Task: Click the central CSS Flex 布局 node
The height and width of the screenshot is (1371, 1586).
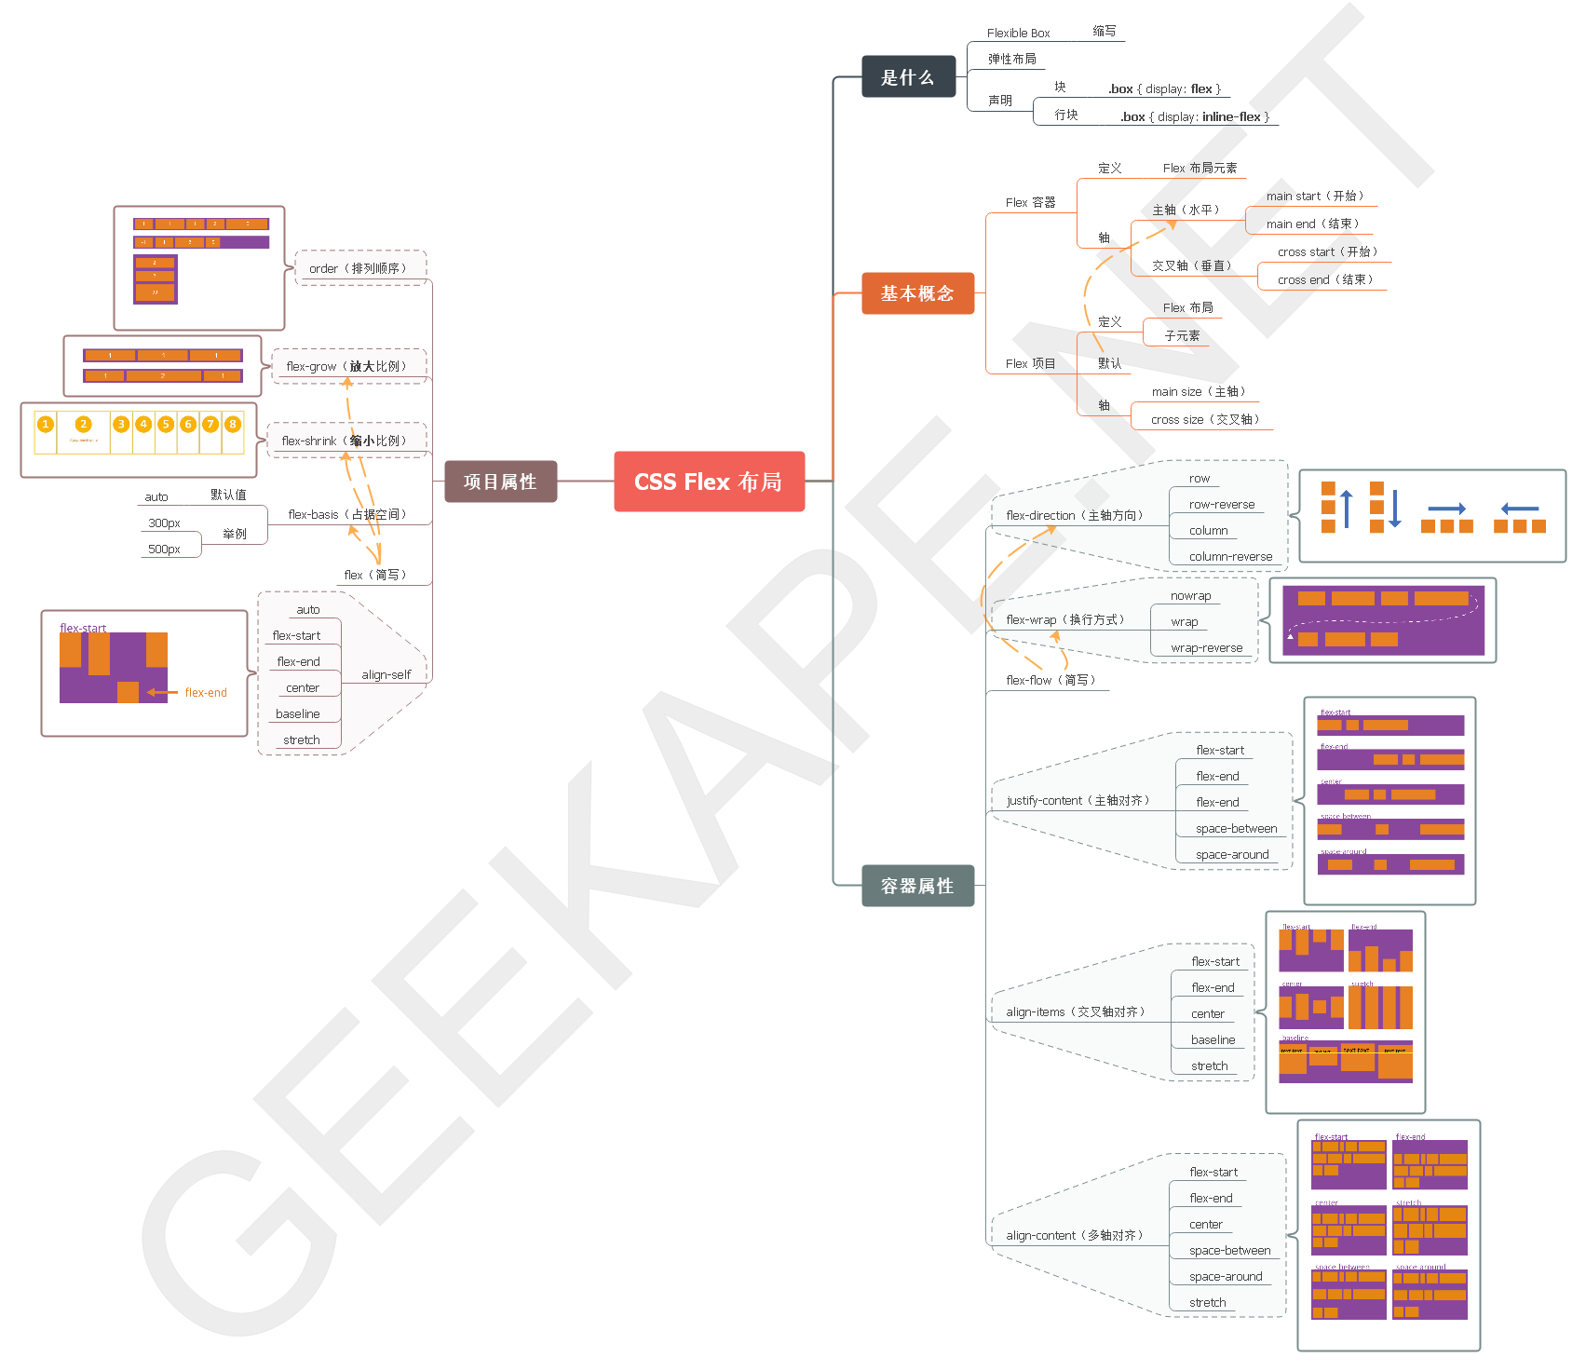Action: pyautogui.click(x=709, y=482)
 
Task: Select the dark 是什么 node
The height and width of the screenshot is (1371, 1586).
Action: pyautogui.click(x=908, y=77)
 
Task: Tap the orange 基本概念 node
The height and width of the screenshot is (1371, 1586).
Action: pyautogui.click(x=917, y=293)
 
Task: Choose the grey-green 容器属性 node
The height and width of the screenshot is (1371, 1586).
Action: pyautogui.click(x=917, y=886)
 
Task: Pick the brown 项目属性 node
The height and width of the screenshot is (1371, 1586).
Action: pyautogui.click(x=500, y=482)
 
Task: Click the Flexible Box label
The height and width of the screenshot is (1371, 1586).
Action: pyautogui.click(x=1018, y=34)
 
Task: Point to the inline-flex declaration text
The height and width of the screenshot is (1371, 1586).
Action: pyautogui.click(x=1195, y=117)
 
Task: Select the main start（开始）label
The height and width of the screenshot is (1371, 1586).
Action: pyautogui.click(x=1314, y=197)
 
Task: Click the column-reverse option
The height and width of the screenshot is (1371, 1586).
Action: pyautogui.click(x=1230, y=557)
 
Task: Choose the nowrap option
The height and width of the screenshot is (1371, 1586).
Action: pyautogui.click(x=1190, y=596)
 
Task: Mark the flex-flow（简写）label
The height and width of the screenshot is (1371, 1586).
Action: pyautogui.click(x=1050, y=681)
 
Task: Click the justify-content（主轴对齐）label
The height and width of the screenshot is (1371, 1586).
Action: pyautogui.click(x=1078, y=801)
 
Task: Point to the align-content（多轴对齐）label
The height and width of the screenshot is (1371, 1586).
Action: pyautogui.click(x=1074, y=1236)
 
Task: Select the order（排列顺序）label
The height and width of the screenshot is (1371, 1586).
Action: pyautogui.click(x=357, y=269)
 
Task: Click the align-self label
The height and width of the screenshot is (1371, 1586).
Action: pyautogui.click(x=386, y=675)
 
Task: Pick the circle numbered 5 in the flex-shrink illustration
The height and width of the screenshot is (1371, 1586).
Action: pyautogui.click(x=166, y=425)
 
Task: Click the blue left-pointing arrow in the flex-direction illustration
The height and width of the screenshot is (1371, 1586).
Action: pyautogui.click(x=1520, y=509)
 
